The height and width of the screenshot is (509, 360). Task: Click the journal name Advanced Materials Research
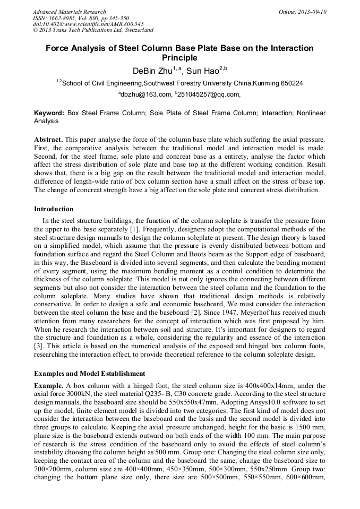pos(70,12)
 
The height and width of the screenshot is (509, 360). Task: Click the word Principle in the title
pos(179,58)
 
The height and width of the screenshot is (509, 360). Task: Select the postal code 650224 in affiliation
pos(291,83)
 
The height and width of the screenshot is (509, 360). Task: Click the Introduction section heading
pos(54,209)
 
